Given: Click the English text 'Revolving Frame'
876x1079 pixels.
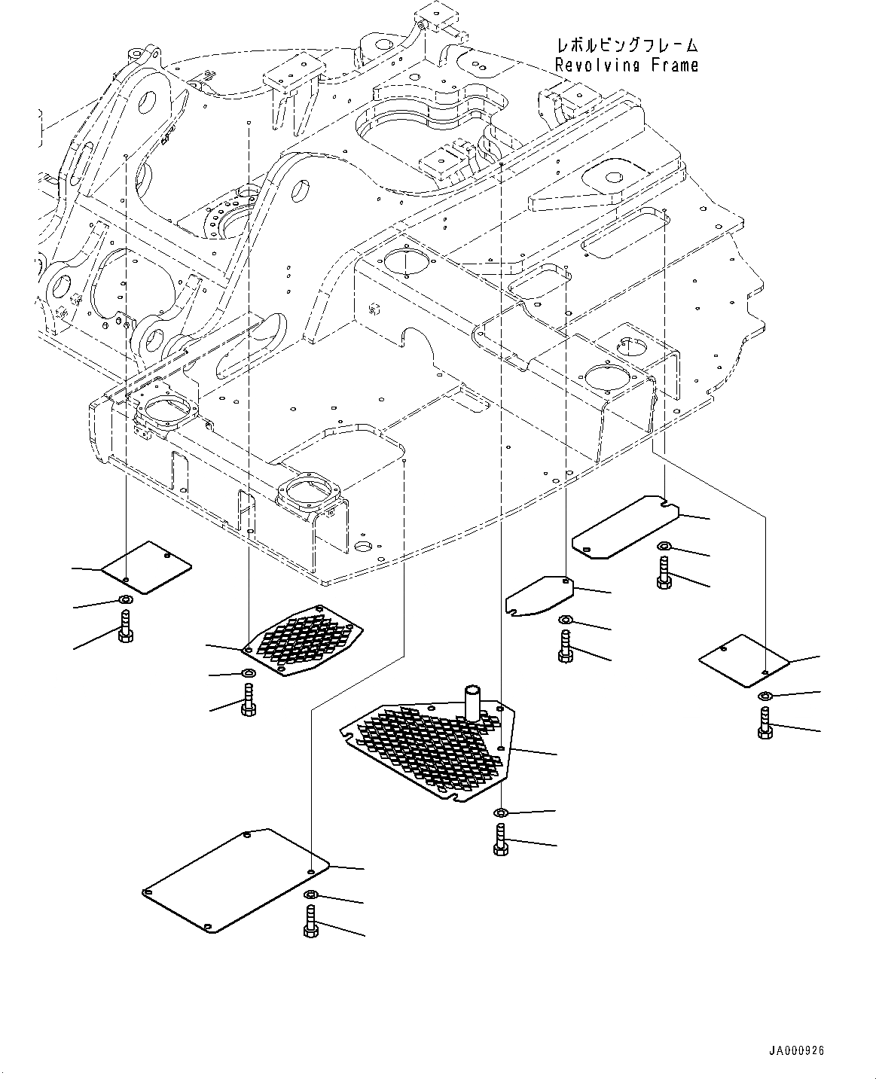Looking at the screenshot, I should [626, 66].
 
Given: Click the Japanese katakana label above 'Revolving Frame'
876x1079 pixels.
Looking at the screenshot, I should [626, 45].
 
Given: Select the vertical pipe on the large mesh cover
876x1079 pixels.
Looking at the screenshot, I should [474, 702].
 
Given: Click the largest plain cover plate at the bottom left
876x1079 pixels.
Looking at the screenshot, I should [235, 880].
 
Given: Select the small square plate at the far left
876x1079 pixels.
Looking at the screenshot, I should [147, 566].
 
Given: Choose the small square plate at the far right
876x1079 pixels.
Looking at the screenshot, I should [743, 660].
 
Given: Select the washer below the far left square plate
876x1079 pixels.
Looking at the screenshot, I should [124, 599].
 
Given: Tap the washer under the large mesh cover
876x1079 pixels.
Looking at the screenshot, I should [501, 812].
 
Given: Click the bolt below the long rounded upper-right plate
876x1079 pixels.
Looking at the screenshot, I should [664, 573].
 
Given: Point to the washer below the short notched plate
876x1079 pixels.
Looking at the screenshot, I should [565, 620].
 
